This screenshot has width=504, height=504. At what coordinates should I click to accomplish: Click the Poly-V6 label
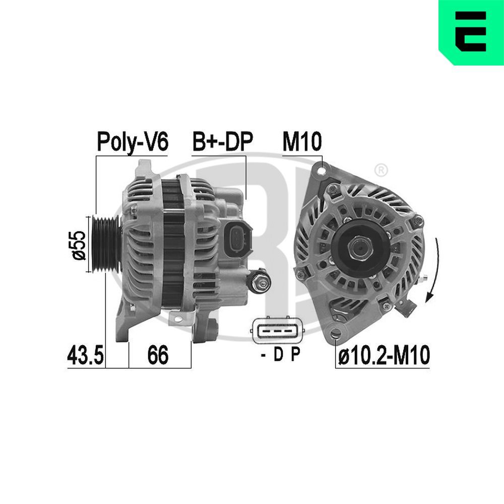coord(132,142)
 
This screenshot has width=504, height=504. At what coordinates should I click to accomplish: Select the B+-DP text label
coord(222,142)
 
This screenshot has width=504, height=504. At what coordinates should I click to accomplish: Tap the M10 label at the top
coord(301,142)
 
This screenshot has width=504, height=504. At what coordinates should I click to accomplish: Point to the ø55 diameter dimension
coord(79,244)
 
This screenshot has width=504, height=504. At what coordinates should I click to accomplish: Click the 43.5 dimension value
coord(85,356)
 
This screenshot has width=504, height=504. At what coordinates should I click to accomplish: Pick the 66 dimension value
coord(158,356)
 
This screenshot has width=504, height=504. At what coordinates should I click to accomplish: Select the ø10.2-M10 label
coord(384,356)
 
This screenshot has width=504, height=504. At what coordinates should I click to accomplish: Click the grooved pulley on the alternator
coord(105,244)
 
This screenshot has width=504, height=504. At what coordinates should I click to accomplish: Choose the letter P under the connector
coord(295,356)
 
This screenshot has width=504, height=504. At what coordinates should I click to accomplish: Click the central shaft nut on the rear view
coord(359,247)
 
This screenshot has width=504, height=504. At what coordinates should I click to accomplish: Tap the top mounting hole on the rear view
coord(319,170)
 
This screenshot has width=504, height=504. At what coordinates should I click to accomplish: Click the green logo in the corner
coord(471,32)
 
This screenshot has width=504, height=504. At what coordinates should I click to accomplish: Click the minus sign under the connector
coord(263,356)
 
